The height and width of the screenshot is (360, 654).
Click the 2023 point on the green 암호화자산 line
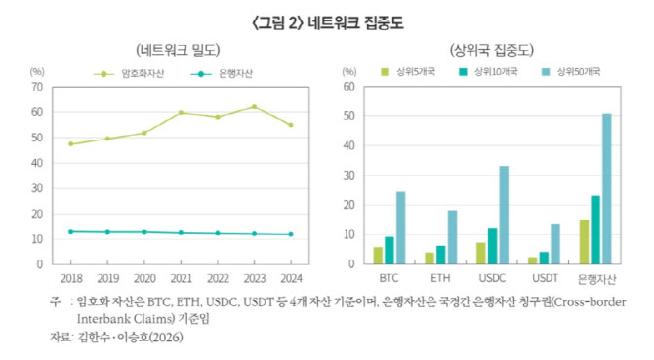[255, 107]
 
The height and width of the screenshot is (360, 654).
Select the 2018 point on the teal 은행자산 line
[71, 231]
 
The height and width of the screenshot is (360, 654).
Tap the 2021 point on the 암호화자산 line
[181, 113]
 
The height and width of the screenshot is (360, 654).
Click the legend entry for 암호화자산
[129, 74]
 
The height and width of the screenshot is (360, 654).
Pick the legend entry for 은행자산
[222, 74]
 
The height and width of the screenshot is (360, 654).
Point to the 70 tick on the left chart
[37, 87]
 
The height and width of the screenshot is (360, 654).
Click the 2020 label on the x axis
[144, 278]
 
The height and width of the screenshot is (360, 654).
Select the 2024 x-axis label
[291, 278]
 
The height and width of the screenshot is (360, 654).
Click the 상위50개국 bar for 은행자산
[607, 188]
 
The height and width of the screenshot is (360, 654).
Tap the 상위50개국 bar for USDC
[504, 215]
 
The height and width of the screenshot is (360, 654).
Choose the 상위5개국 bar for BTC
[378, 256]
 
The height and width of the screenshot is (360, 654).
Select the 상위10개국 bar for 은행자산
[595, 230]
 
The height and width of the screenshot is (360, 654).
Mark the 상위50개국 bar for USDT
[555, 244]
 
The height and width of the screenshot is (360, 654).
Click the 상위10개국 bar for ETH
[441, 255]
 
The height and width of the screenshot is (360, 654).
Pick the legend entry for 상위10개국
[488, 72]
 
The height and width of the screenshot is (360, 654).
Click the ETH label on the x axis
[440, 278]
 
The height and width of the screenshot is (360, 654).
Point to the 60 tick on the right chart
[349, 87]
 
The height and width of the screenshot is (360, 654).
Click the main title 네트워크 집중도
[355, 22]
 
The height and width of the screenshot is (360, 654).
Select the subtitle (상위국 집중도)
[492, 51]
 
